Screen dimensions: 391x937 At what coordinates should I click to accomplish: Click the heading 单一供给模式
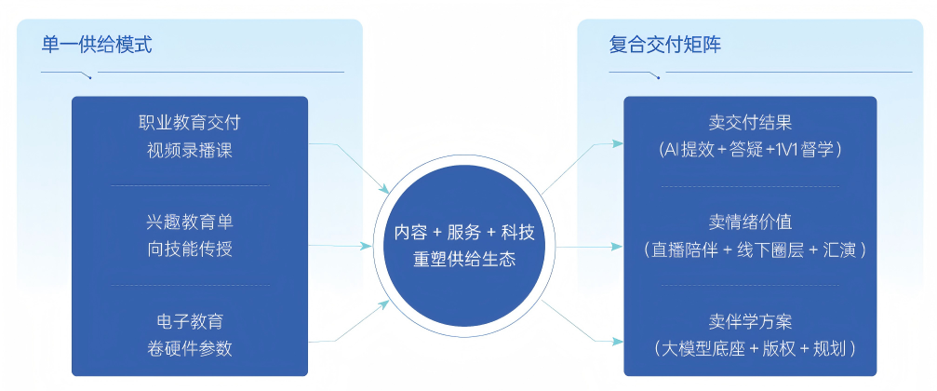click(x=97, y=45)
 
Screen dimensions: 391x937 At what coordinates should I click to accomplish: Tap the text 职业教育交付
click(x=190, y=124)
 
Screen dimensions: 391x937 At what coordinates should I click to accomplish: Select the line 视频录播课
click(x=190, y=150)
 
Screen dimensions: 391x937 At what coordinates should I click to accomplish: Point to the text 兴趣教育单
click(x=190, y=223)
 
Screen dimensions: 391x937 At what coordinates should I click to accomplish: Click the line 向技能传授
click(x=190, y=249)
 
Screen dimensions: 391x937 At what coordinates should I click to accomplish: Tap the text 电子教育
click(x=190, y=322)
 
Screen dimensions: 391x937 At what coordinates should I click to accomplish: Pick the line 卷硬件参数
click(x=190, y=348)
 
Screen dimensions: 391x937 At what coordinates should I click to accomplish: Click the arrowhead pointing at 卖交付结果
click(x=618, y=143)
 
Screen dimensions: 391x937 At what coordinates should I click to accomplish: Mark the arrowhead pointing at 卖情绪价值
click(x=618, y=247)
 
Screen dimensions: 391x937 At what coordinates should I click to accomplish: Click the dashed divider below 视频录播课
click(x=190, y=185)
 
